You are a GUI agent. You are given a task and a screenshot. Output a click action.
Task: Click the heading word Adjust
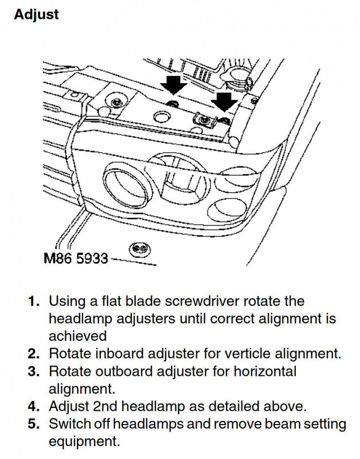(x=36, y=15)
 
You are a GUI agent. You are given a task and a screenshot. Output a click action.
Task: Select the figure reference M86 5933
(x=76, y=259)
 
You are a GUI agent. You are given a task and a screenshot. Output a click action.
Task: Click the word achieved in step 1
(x=77, y=336)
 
